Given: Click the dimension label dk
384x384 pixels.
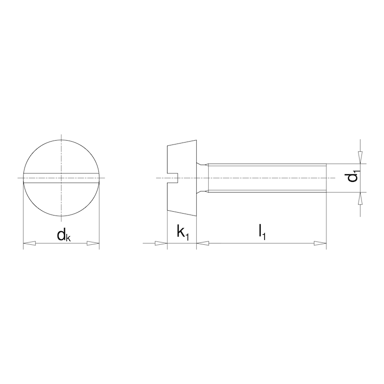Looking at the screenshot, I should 64,235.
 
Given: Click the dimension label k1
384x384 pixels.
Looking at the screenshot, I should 183,232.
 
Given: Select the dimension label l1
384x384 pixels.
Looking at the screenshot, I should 262,232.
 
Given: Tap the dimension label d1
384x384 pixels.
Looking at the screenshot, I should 353,177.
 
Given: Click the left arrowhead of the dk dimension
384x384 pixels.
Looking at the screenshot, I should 29,244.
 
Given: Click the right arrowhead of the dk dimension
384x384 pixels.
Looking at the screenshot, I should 93,244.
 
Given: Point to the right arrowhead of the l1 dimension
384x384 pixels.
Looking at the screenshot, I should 320,244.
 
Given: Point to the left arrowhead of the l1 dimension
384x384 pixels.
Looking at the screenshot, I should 203,244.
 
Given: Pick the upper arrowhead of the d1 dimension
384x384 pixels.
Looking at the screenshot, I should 360,158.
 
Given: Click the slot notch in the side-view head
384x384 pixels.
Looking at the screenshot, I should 173,178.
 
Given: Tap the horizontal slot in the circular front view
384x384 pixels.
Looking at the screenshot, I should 61,178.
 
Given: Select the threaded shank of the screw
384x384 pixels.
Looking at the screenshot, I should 266,178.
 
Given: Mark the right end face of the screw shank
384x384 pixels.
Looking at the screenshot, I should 326,178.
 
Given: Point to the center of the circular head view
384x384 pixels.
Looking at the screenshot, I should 61,178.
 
